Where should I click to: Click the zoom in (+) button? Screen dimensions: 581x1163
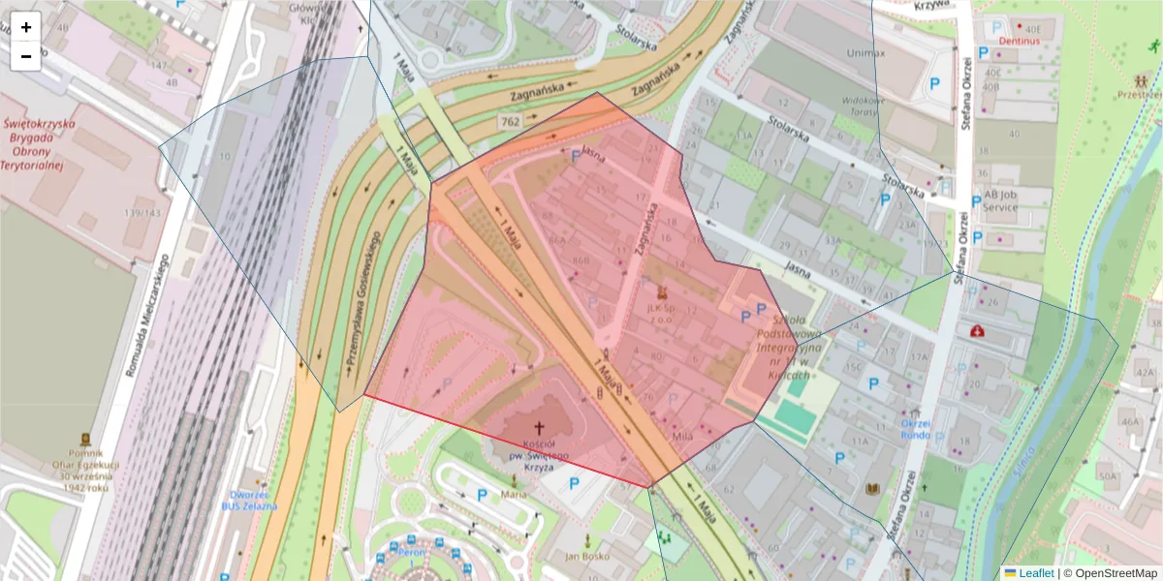pyautogui.click(x=26, y=27)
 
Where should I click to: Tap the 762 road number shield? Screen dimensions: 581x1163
pyautogui.click(x=511, y=122)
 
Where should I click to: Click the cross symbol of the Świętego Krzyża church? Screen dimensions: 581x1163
pyautogui.click(x=540, y=427)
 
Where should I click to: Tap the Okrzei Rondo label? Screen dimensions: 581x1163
pyautogui.click(x=916, y=429)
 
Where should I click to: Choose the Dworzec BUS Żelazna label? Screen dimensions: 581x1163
pyautogui.click(x=249, y=500)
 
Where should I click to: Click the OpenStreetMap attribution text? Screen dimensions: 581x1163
pyautogui.click(x=1114, y=573)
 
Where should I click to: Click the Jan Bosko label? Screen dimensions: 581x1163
pyautogui.click(x=585, y=556)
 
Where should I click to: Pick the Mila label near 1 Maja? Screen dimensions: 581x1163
pyautogui.click(x=681, y=436)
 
